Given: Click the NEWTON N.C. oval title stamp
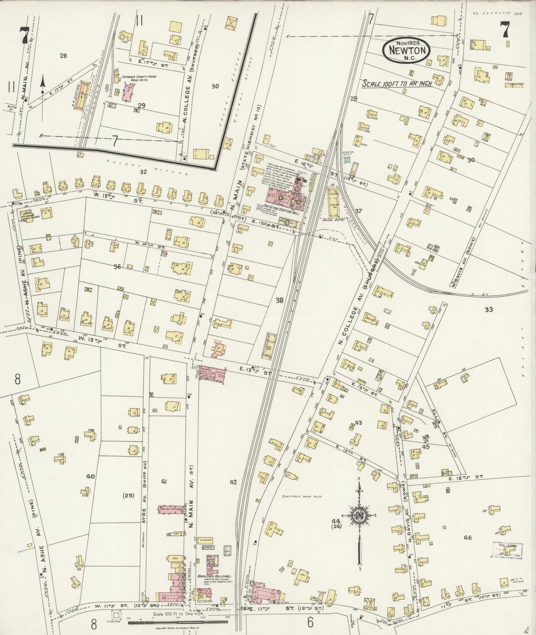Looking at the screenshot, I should coord(407,51).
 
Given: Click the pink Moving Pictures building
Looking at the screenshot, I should coord(171,511).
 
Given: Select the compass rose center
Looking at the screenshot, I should coord(359,515).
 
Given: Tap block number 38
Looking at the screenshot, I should coord(279,300).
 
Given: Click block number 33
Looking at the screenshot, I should coord(489,309).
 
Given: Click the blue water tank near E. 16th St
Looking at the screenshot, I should coord(347,160).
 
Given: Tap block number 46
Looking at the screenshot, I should coord(467,538).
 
